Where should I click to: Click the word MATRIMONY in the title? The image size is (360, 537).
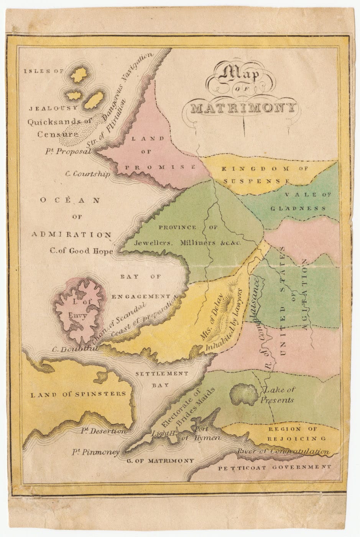[x=243, y=108]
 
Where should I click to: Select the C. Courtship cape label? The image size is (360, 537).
[x=87, y=174]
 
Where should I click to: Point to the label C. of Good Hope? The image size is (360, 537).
[x=81, y=251]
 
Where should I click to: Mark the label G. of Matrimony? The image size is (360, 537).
[x=160, y=461]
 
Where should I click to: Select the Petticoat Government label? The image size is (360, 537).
[x=274, y=468]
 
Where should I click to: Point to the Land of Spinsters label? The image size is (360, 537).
[x=78, y=394]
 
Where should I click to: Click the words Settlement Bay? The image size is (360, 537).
[x=162, y=379]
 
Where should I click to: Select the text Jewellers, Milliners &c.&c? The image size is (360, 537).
[x=188, y=243]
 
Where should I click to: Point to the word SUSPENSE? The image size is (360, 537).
[x=256, y=181]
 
